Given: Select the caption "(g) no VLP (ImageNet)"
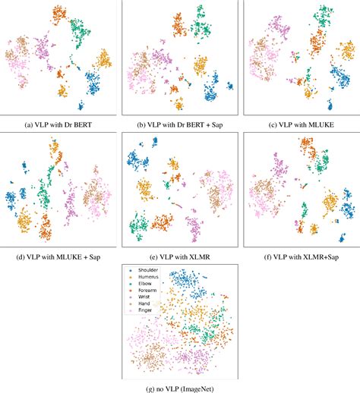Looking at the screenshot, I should [x=179, y=384].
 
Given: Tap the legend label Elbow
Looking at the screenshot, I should [x=144, y=284].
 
